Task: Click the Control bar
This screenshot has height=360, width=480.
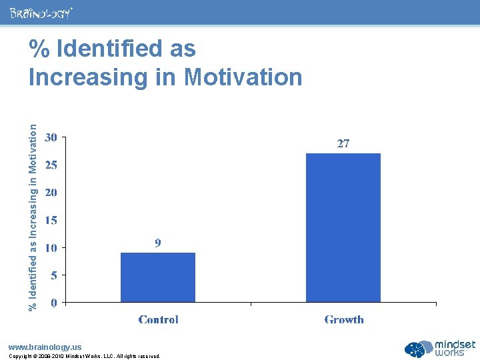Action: click(158, 277)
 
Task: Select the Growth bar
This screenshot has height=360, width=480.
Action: click(343, 227)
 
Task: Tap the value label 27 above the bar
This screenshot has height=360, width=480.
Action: click(343, 143)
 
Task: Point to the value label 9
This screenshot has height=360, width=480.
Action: click(158, 243)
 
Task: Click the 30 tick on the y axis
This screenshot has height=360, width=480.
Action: click(51, 137)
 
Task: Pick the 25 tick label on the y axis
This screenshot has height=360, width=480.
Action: click(51, 165)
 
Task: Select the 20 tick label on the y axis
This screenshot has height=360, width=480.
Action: click(51, 192)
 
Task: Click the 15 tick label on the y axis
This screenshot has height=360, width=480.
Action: click(51, 219)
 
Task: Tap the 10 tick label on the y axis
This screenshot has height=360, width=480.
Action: click(51, 247)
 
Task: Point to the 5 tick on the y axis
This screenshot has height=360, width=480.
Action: click(54, 275)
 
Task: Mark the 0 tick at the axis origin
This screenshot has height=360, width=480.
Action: click(54, 302)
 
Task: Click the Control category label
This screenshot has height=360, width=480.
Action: click(158, 320)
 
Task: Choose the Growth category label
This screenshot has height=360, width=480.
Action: click(344, 320)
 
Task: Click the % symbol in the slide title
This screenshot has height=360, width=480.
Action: click(39, 49)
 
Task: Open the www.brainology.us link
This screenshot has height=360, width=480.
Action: click(45, 347)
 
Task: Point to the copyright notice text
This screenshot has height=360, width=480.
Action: click(84, 356)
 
